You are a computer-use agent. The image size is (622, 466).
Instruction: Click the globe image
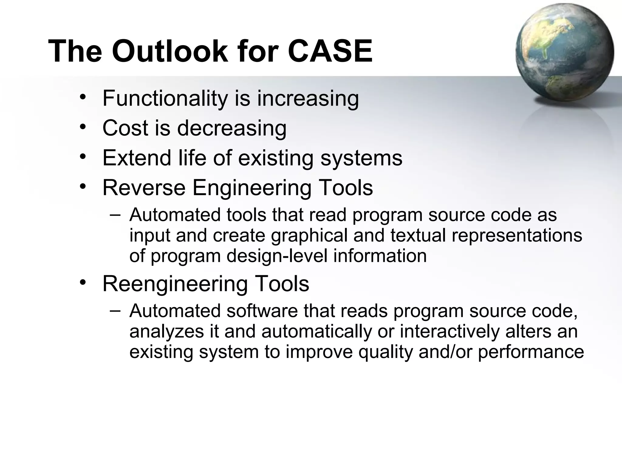click(564, 53)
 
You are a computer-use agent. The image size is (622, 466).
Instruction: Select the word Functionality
click(165, 98)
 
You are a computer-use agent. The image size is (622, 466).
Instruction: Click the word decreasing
click(231, 128)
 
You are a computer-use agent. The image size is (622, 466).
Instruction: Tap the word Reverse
click(144, 187)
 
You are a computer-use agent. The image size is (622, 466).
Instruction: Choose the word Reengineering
click(174, 284)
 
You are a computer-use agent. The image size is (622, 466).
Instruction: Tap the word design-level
click(277, 256)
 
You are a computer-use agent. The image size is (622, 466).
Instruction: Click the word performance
click(531, 352)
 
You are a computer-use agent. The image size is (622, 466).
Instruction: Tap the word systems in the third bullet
click(361, 158)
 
